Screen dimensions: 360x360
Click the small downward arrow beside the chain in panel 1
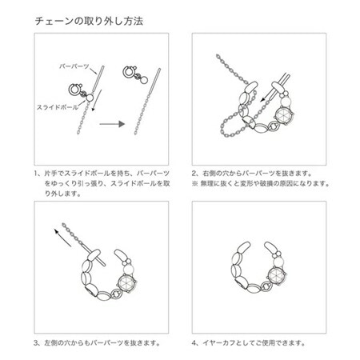click(97, 121)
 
